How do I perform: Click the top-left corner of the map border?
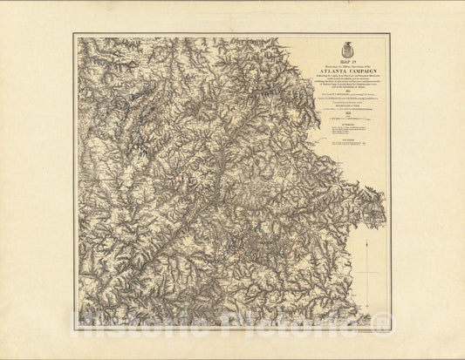click(73, 34)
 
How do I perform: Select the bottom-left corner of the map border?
click(73, 329)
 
